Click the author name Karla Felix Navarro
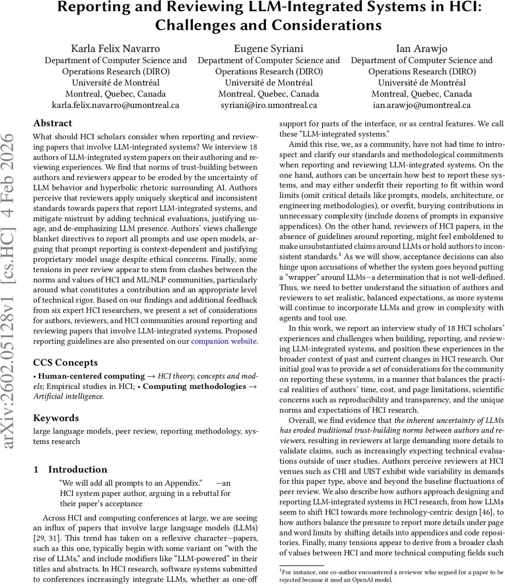[x=115, y=49]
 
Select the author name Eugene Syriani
[x=268, y=49]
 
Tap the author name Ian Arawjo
[x=421, y=49]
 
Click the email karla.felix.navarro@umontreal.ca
[x=115, y=105]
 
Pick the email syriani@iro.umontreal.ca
[x=268, y=105]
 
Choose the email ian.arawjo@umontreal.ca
[x=421, y=105]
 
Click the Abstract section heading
[x=53, y=123]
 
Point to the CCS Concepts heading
[x=65, y=363]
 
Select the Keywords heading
[x=56, y=418]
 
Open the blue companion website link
[x=224, y=341]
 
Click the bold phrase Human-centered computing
[x=92, y=376]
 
